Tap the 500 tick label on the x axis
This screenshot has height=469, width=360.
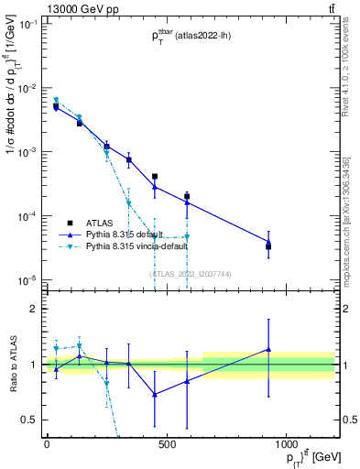tap(166, 445)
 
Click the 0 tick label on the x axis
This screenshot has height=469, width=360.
tap(47, 445)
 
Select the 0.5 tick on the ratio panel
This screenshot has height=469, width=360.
tap(27, 420)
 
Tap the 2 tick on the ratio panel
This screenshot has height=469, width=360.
tap(32, 309)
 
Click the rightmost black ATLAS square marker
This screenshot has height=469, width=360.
tap(268, 246)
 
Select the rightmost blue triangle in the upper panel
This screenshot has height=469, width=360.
tap(268, 242)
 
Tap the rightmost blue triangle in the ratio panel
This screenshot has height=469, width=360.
tap(268, 349)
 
